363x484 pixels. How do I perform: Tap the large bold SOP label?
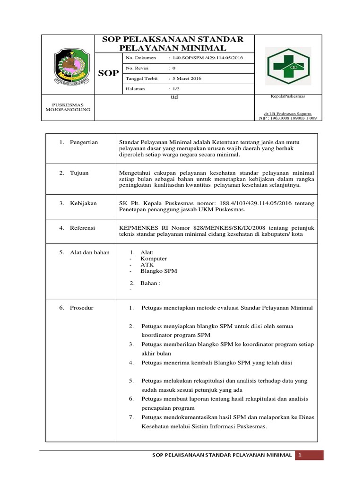pos(108,73)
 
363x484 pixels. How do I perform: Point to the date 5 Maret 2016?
pos(187,78)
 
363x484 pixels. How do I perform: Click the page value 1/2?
pos(176,89)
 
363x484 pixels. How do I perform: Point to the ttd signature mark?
pos(174,97)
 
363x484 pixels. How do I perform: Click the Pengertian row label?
pos(84,142)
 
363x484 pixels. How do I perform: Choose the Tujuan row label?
pos(79,173)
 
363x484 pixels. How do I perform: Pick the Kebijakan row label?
pos(83,203)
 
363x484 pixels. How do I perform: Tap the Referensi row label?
pos(82,228)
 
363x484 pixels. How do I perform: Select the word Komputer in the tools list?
pos(154,259)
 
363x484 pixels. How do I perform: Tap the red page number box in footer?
pos(309,455)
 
